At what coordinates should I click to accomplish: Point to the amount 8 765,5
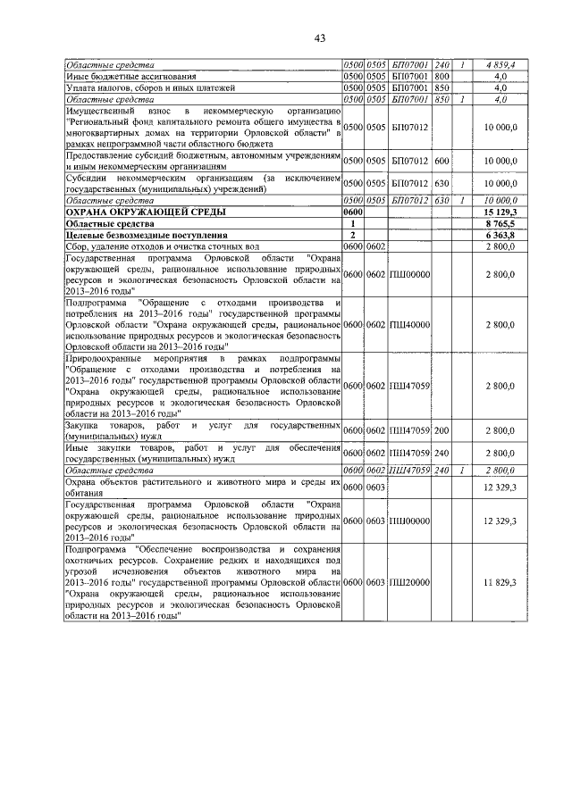[x=500, y=223]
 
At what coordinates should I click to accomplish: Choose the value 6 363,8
[x=500, y=234]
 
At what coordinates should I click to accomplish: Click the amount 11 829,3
[x=500, y=582]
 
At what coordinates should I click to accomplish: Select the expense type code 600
[x=442, y=161]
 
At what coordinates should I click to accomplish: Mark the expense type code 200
[x=442, y=430]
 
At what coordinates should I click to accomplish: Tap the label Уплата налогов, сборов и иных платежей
[x=137, y=88]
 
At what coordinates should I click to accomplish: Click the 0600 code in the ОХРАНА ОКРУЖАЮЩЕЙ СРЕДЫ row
[x=355, y=212]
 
